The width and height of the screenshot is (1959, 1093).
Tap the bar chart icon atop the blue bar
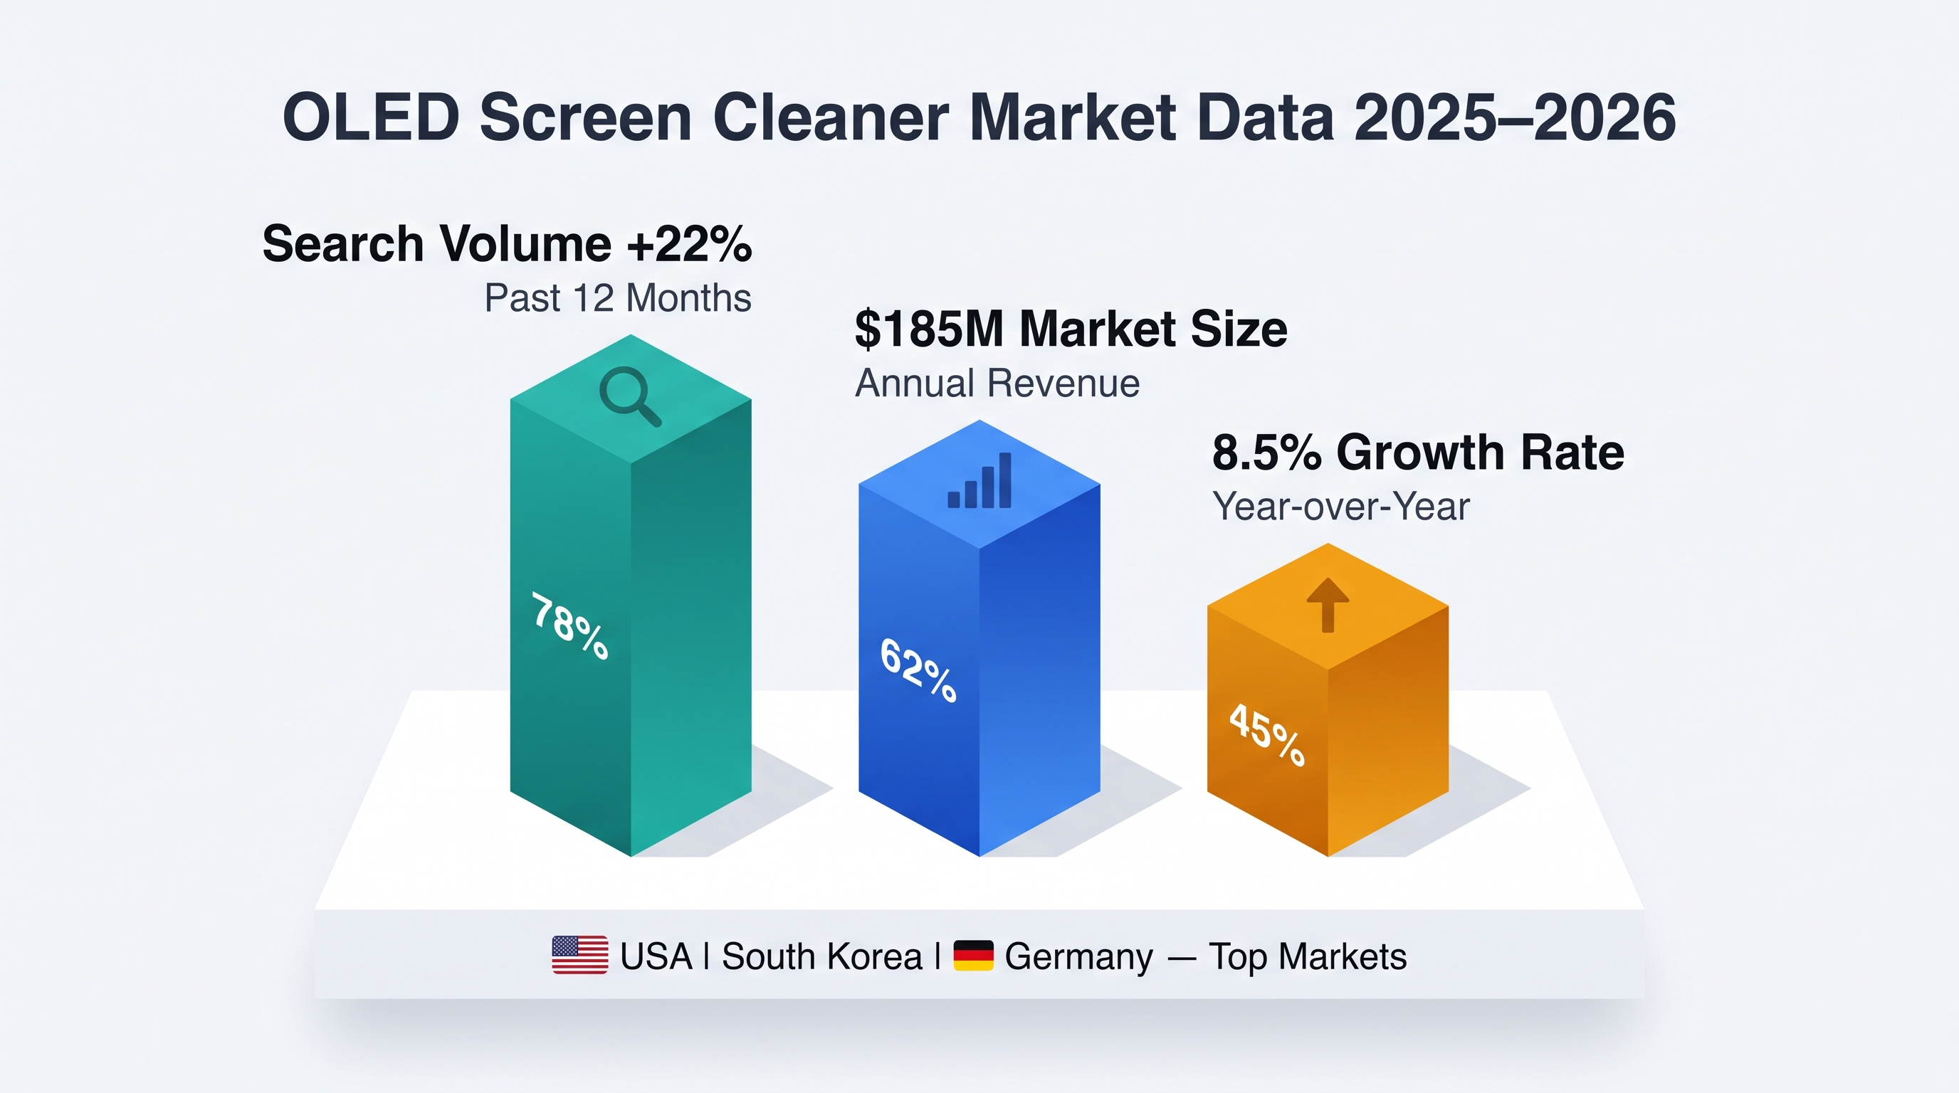point(979,480)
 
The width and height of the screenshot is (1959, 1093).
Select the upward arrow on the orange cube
point(1328,605)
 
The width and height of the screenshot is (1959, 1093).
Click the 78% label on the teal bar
point(570,626)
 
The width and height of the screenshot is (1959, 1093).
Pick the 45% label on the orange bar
point(1268,734)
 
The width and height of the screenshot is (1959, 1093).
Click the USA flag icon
point(579,956)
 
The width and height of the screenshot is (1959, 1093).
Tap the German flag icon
point(973,956)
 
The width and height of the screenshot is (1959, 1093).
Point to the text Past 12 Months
point(617,298)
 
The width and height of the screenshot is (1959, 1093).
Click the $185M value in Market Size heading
point(929,329)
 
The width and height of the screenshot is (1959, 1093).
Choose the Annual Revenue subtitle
point(997,383)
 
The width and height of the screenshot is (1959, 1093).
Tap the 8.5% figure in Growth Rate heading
point(1267,453)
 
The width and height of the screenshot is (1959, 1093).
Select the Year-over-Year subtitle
point(1340,507)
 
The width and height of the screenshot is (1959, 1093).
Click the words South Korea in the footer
point(822,956)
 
